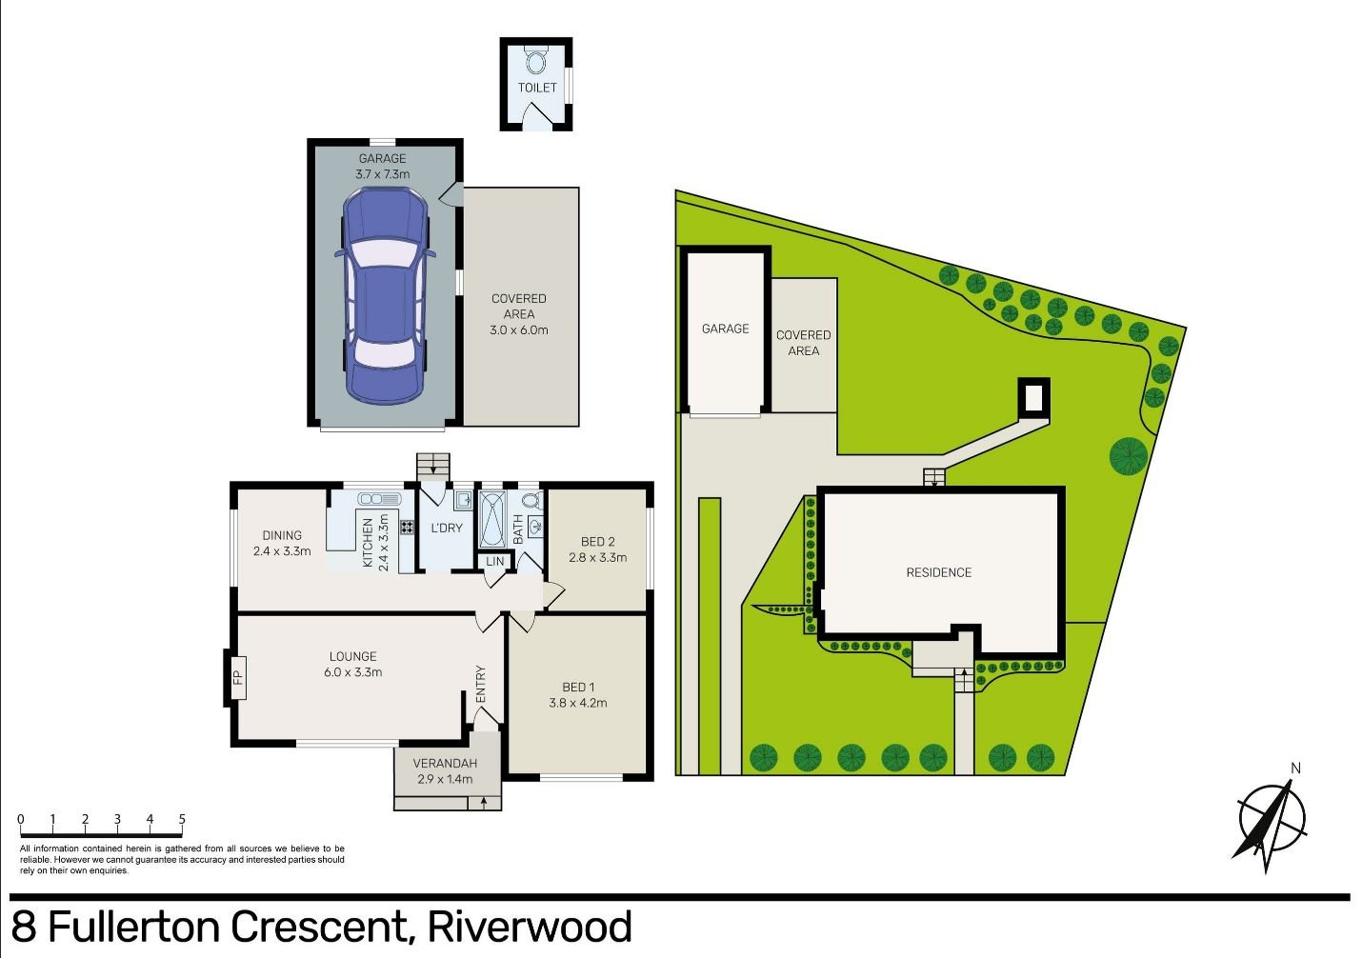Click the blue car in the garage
point(383,295)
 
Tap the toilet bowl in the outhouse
point(536,63)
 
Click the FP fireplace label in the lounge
point(237,678)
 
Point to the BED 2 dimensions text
point(597,558)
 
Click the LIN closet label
point(495,562)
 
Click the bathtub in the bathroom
point(492,519)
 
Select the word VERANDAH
point(445,764)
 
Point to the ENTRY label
point(481,684)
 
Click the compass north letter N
point(1295,768)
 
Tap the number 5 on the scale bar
point(182,819)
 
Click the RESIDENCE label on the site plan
point(938,572)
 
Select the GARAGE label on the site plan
point(725,329)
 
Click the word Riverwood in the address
point(530,927)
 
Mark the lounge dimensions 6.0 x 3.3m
point(352,672)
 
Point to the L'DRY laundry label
point(447,529)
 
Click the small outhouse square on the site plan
point(1033,397)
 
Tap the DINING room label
point(282,535)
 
